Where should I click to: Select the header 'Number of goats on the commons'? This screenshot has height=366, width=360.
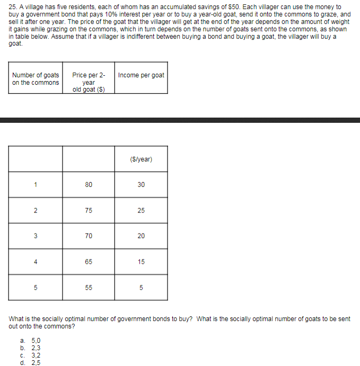(x=36, y=78)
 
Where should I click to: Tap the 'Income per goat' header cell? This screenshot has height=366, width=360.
(x=141, y=75)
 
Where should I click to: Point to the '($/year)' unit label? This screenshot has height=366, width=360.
(x=141, y=159)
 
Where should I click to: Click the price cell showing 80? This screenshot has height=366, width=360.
(x=89, y=185)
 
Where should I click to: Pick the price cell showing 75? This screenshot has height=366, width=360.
(x=89, y=211)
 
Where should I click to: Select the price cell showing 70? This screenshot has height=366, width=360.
(x=89, y=236)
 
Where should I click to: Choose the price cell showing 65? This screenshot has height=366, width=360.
(x=89, y=262)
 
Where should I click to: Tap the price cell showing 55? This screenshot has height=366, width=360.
(x=89, y=288)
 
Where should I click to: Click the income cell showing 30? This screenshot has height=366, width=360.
(x=141, y=185)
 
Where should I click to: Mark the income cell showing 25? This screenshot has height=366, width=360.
(x=141, y=211)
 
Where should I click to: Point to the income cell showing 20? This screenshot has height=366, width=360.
(x=141, y=236)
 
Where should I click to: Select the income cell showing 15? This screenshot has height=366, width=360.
(x=141, y=262)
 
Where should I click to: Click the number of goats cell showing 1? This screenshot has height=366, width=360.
(x=36, y=185)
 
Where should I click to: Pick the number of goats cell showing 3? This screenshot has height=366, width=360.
(x=36, y=236)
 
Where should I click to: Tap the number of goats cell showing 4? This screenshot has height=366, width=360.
(x=36, y=262)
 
